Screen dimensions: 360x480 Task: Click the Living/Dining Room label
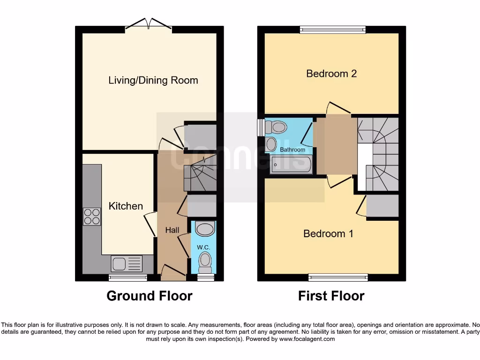[153, 80]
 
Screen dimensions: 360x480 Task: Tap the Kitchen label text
[126, 206]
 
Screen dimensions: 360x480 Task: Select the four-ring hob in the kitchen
[92, 217]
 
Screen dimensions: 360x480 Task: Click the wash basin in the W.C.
[204, 229]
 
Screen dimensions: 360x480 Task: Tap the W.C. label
[203, 247]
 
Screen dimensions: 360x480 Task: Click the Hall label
[172, 230]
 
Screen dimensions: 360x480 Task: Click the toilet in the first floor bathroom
[277, 127]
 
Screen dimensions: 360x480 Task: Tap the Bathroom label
[292, 150]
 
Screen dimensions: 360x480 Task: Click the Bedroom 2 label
[331, 74]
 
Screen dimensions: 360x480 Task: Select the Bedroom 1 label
[328, 233]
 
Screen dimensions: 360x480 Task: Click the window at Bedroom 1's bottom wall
[338, 277]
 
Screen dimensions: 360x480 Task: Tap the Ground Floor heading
[149, 296]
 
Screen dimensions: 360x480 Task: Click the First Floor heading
[331, 296]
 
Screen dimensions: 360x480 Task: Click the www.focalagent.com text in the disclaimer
[307, 339]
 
